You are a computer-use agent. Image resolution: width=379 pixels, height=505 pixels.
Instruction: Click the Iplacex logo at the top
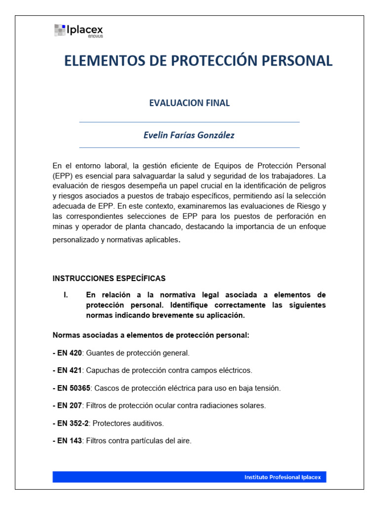(x=79, y=31)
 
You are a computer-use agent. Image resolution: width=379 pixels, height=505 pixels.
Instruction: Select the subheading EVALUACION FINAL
(x=189, y=103)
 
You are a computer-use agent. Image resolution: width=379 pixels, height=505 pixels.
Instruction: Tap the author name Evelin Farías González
(x=189, y=135)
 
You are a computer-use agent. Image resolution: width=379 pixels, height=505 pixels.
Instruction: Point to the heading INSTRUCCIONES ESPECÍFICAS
(x=109, y=278)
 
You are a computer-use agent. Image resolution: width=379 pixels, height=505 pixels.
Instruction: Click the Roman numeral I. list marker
(x=65, y=295)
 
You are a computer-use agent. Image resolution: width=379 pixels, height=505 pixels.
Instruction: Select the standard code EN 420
(x=69, y=353)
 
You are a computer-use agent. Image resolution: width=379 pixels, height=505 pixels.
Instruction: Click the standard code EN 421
(x=69, y=370)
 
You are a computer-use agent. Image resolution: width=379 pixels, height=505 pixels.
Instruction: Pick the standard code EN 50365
(x=73, y=388)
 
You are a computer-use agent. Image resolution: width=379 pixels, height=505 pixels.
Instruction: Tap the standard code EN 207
(x=69, y=405)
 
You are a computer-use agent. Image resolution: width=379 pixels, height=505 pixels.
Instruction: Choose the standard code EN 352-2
(x=73, y=423)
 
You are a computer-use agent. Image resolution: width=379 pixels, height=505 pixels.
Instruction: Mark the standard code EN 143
(x=69, y=440)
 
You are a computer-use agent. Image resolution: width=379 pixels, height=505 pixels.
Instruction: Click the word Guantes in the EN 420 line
(x=99, y=353)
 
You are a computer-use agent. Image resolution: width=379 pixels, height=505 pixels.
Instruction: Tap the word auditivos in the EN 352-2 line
(x=147, y=423)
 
